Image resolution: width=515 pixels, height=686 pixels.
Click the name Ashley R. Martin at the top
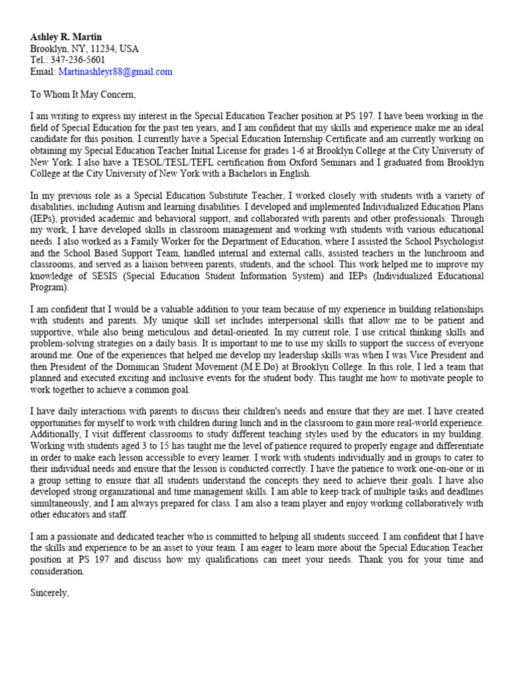pyautogui.click(x=66, y=37)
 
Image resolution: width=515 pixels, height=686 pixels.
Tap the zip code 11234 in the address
pyautogui.click(x=105, y=49)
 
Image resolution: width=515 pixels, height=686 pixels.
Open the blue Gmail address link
pyautogui.click(x=115, y=72)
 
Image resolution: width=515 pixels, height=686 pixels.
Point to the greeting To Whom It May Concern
pyautogui.click(x=83, y=94)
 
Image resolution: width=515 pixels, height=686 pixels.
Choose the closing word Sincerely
pyautogui.click(x=50, y=594)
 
